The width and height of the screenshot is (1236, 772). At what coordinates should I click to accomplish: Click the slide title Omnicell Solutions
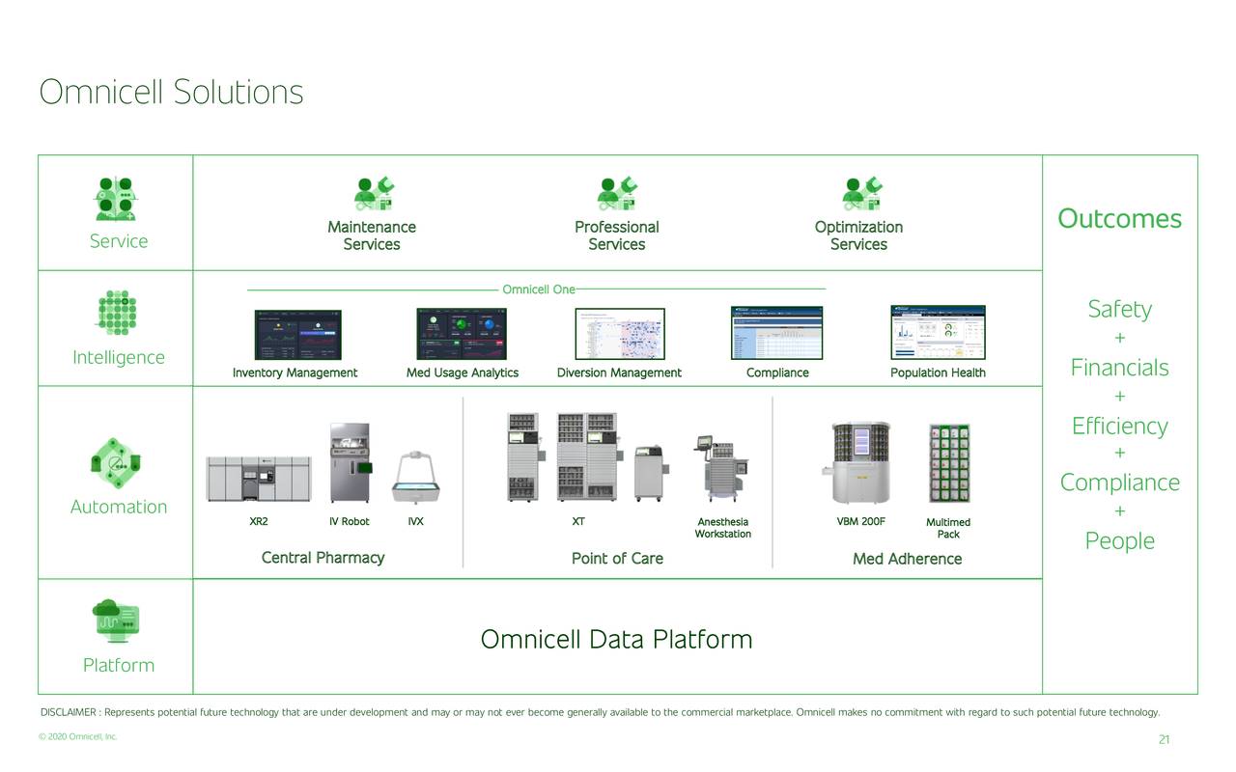171,93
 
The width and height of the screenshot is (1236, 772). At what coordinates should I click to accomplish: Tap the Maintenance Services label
372,235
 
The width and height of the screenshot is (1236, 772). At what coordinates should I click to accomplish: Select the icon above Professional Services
617,193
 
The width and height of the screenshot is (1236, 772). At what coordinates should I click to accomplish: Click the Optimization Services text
858,235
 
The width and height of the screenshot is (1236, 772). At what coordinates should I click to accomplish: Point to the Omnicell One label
538,289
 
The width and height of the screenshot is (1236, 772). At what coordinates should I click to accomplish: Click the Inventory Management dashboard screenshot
297,335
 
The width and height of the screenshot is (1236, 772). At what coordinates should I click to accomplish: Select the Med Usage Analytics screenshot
462,335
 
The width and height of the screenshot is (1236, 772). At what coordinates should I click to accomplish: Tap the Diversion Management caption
619,373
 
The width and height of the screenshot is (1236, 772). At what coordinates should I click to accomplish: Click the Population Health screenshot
938,333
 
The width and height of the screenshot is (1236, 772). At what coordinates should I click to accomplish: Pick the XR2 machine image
259,479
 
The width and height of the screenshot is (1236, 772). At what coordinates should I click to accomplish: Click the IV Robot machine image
349,463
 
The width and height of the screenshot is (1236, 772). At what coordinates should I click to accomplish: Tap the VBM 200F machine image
859,463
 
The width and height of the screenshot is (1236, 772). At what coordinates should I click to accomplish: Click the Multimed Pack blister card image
948,463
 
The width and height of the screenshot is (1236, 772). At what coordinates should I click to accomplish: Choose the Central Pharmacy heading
323,558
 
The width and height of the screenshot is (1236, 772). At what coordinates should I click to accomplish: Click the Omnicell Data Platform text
616,640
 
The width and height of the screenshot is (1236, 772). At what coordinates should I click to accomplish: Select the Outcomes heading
1119,219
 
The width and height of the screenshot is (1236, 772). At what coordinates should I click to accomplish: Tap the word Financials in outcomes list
1119,368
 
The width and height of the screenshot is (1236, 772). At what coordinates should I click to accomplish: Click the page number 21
1164,740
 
